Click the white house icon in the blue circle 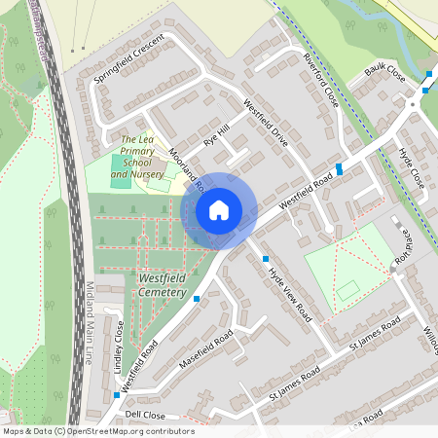click(219, 209)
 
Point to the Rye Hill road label click(215, 135)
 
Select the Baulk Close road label click(384, 72)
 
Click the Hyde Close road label click(411, 167)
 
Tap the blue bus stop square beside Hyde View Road click(266, 259)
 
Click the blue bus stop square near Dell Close click(117, 395)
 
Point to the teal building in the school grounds click(120, 178)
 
